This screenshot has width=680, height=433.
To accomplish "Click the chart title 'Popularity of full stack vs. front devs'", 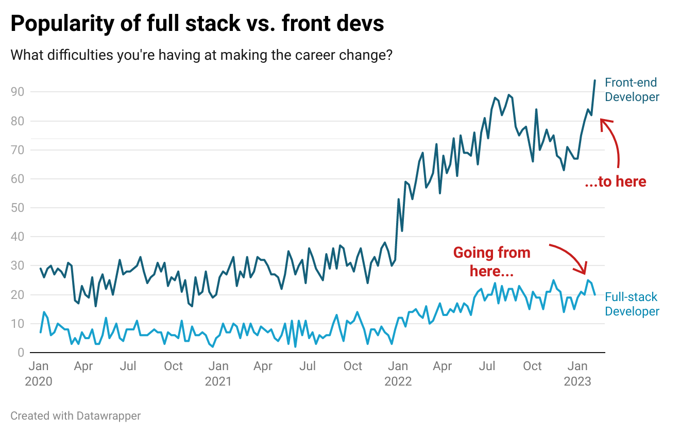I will click(x=197, y=24).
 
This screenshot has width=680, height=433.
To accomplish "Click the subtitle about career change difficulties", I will click(x=201, y=54).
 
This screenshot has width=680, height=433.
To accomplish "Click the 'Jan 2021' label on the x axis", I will click(x=218, y=374).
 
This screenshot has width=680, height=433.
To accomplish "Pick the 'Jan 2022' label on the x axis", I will click(x=398, y=374).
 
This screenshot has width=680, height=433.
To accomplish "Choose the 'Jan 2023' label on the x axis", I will click(x=577, y=374).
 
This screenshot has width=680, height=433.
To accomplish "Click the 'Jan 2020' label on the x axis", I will click(x=39, y=374).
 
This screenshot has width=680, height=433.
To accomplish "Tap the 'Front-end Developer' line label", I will click(x=632, y=90).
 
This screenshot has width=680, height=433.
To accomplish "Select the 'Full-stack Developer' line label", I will click(x=632, y=304).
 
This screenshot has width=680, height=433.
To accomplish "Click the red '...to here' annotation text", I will click(x=615, y=181).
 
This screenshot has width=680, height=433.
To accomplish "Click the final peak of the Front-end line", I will click(x=594, y=80).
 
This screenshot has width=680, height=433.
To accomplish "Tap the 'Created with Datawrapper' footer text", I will click(x=75, y=415).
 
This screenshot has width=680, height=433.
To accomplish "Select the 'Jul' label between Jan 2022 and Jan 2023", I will click(x=487, y=367).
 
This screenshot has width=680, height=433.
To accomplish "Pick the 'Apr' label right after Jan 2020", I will click(x=83, y=367).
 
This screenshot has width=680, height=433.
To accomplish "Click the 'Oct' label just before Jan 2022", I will click(x=353, y=367).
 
